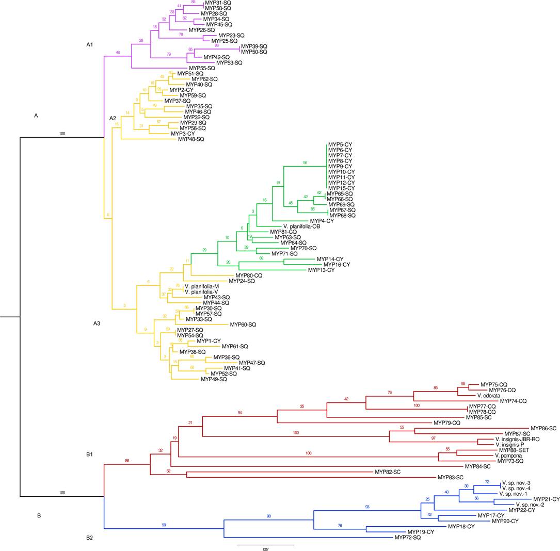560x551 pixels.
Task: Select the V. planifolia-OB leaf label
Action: [304, 226]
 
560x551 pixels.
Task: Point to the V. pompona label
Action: [508, 456]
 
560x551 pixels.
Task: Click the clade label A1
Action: [90, 45]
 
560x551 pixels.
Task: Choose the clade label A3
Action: [97, 323]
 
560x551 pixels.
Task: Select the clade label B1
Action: [90, 455]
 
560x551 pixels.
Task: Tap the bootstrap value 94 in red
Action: [239, 413]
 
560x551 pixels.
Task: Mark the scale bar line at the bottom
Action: [265, 544]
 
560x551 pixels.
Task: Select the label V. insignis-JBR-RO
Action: [517, 439]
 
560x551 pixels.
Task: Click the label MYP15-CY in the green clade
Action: [341, 188]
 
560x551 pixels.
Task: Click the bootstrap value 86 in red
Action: [127, 460]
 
